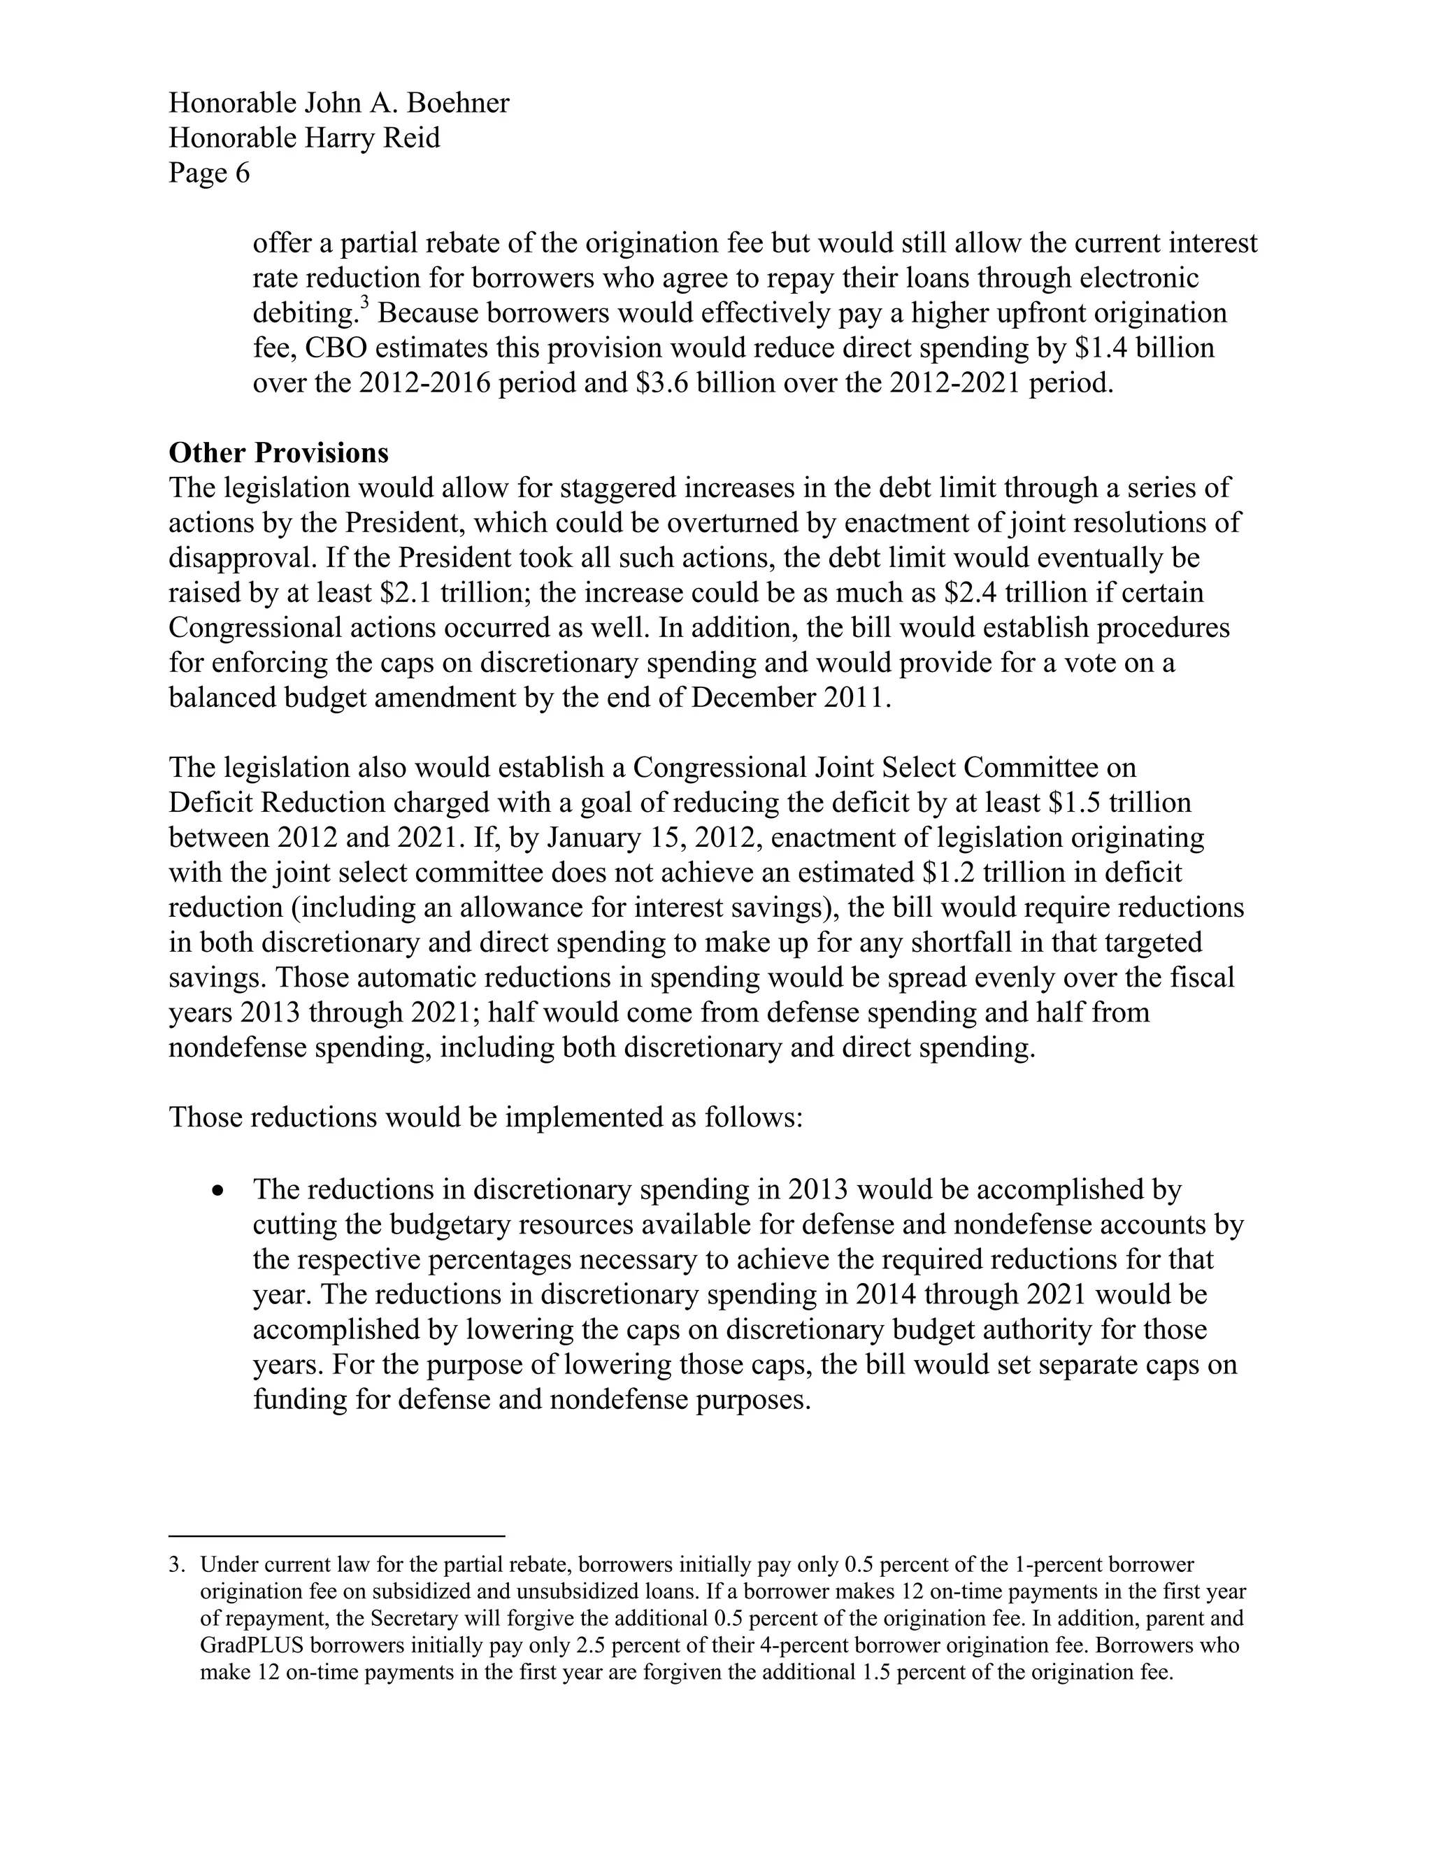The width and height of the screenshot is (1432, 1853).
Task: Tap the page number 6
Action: coord(242,173)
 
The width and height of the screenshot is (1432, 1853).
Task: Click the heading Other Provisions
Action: coord(278,453)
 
